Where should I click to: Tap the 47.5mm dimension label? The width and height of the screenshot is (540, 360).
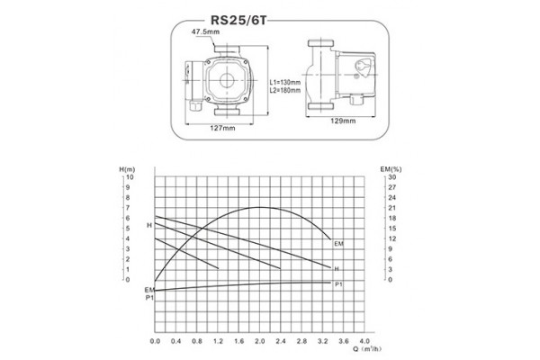click(x=206, y=32)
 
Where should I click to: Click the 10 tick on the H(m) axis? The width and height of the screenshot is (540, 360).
click(x=130, y=177)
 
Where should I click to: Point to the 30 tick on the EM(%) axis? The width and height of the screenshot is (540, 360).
click(x=391, y=177)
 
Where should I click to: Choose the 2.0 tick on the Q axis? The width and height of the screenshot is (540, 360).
click(x=259, y=343)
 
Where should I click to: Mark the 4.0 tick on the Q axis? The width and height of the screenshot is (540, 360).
click(x=364, y=343)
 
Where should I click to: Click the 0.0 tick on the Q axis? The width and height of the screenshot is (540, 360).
click(x=155, y=343)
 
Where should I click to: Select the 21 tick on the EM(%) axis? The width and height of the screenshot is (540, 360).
click(x=391, y=208)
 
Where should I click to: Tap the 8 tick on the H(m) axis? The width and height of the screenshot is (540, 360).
click(x=130, y=198)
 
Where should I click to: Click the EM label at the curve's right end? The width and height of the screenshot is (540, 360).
click(x=338, y=244)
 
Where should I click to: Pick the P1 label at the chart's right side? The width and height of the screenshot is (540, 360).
click(x=338, y=284)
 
